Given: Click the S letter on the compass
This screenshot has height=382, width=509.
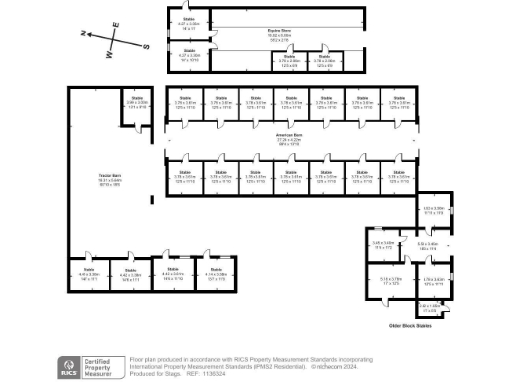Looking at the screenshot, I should click(x=146, y=46).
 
